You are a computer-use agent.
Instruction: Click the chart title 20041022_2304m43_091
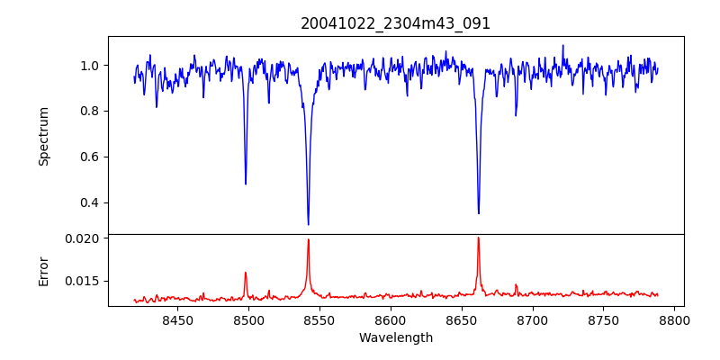point(396,23)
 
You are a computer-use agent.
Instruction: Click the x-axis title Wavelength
point(396,338)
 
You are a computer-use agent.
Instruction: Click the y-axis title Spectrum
point(43,136)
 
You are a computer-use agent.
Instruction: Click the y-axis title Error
point(43,270)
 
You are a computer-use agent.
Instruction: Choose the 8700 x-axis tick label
point(533,319)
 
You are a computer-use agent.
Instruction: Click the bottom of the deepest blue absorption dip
point(308,224)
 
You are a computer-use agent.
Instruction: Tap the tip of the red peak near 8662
point(478,238)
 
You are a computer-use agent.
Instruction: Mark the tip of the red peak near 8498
point(246,272)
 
